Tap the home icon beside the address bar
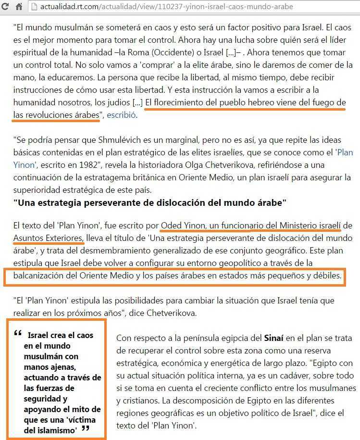click(x=19, y=7)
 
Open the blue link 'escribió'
click(x=122, y=115)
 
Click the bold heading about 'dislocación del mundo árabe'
click(x=149, y=202)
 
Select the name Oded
click(x=172, y=225)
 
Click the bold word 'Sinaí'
click(x=275, y=338)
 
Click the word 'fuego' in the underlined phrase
click(x=318, y=102)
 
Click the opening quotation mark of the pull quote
click(x=18, y=334)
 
